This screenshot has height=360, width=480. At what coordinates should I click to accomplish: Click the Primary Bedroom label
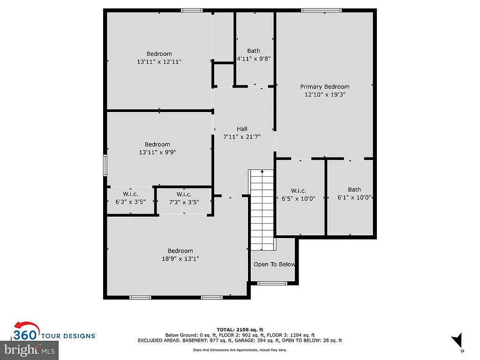point(325,87)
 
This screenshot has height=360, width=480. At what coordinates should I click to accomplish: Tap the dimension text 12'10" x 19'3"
point(325,94)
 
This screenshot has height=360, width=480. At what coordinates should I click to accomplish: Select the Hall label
point(242,129)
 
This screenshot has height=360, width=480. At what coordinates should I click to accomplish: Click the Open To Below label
point(274,264)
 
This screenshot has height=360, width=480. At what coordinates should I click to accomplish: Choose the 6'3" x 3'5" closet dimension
point(130,202)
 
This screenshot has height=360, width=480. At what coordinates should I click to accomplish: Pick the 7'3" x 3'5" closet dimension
point(184,202)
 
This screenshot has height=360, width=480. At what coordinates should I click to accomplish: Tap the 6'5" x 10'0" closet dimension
point(299,198)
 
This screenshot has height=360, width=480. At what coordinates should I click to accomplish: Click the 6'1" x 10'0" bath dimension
point(354,198)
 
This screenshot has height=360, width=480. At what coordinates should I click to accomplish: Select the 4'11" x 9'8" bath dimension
point(254,59)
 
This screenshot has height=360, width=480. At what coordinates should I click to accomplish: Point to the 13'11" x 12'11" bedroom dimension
point(159,61)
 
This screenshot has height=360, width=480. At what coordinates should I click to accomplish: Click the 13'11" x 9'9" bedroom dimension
point(157,152)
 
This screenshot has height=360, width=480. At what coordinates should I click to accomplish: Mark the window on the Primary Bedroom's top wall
point(321,10)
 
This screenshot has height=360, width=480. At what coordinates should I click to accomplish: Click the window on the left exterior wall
point(105,165)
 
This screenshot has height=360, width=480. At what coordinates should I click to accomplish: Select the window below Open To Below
point(272,283)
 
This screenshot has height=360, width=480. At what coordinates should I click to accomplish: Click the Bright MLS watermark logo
point(29,349)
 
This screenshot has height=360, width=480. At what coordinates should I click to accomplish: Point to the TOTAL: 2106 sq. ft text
point(240,330)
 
